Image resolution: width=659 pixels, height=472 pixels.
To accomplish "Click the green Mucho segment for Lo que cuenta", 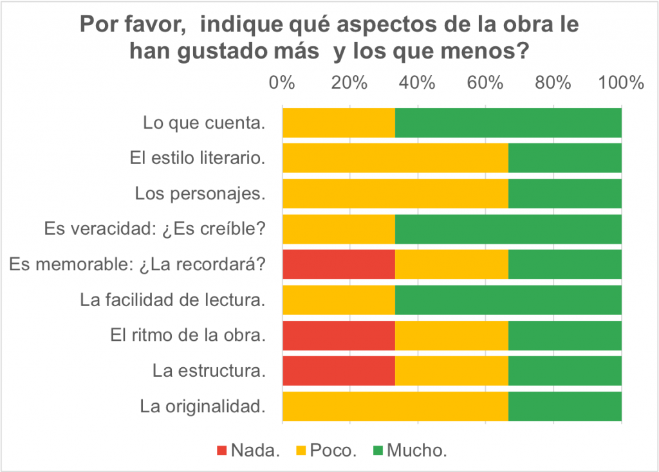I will point(508,123).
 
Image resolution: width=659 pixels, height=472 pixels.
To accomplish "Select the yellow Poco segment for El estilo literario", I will point(395,158).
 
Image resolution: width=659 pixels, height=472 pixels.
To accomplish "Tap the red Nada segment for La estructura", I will point(339,370).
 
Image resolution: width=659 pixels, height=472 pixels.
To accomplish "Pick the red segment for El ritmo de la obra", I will point(339,335).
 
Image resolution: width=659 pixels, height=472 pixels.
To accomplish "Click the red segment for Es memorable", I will point(339,264).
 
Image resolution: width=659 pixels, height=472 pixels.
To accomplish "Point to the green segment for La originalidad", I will point(564,406).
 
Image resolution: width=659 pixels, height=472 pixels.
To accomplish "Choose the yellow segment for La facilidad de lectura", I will point(339,300).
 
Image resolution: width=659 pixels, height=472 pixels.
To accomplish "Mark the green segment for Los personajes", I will point(564,194).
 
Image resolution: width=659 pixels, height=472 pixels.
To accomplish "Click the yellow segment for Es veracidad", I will point(339,229).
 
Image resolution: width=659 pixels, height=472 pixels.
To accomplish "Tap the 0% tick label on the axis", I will point(282,83).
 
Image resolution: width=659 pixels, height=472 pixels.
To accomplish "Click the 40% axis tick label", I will point(418,83).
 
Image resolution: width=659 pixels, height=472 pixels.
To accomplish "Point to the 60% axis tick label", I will point(485,83).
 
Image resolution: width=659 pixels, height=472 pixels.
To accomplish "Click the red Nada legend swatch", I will point(221,451).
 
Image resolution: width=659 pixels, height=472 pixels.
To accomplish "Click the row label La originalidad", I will point(203,406).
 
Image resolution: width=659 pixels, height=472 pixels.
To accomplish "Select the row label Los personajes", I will point(200,194).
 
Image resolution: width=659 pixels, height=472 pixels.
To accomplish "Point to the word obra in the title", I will point(506,25).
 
